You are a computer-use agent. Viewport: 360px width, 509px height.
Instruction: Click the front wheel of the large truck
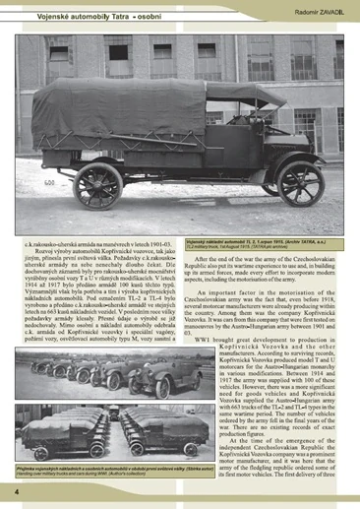point(299,182)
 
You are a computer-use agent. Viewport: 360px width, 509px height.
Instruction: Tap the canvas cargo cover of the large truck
point(128,113)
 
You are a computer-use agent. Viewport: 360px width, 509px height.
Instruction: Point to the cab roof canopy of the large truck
point(246,95)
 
